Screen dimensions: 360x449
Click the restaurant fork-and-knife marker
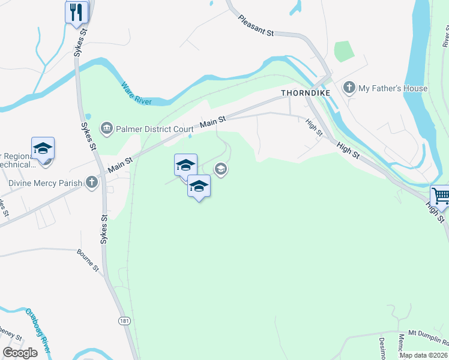[x=76, y=12]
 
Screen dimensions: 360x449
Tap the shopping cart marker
[x=440, y=196]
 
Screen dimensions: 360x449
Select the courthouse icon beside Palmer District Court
[x=107, y=128]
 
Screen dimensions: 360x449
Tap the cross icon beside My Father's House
[x=349, y=88]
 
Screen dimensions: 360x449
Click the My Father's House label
[x=393, y=89]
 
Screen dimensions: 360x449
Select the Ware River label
[x=136, y=94]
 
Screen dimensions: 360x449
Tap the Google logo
[x=20, y=353]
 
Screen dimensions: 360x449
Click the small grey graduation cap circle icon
[x=221, y=170]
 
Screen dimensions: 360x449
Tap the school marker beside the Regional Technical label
[x=43, y=148]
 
